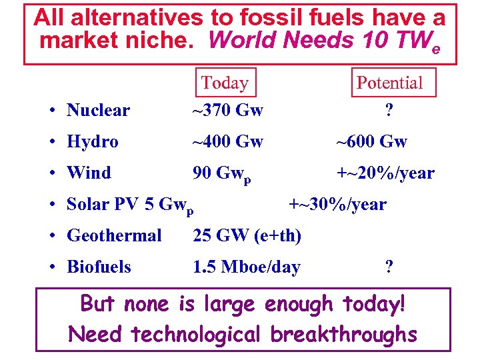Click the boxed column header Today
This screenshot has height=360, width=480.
click(x=225, y=83)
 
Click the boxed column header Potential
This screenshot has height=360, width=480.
click(x=390, y=83)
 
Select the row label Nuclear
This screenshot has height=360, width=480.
click(x=98, y=111)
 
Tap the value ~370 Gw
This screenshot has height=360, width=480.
click(x=227, y=111)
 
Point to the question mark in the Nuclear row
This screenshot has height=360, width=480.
click(x=389, y=111)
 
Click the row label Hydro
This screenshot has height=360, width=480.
click(x=93, y=142)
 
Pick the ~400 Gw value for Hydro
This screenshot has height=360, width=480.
click(x=227, y=142)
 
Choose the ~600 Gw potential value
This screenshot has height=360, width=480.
click(x=371, y=142)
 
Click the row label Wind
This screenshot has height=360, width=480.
click(x=89, y=173)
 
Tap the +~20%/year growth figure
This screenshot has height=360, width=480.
click(x=385, y=173)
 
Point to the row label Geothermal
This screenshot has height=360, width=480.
click(x=114, y=235)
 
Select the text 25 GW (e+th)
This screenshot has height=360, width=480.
click(x=247, y=235)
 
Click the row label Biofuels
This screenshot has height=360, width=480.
click(x=99, y=267)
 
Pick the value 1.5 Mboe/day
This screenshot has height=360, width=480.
click(x=246, y=267)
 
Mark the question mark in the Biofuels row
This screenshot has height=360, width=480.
click(x=389, y=267)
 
